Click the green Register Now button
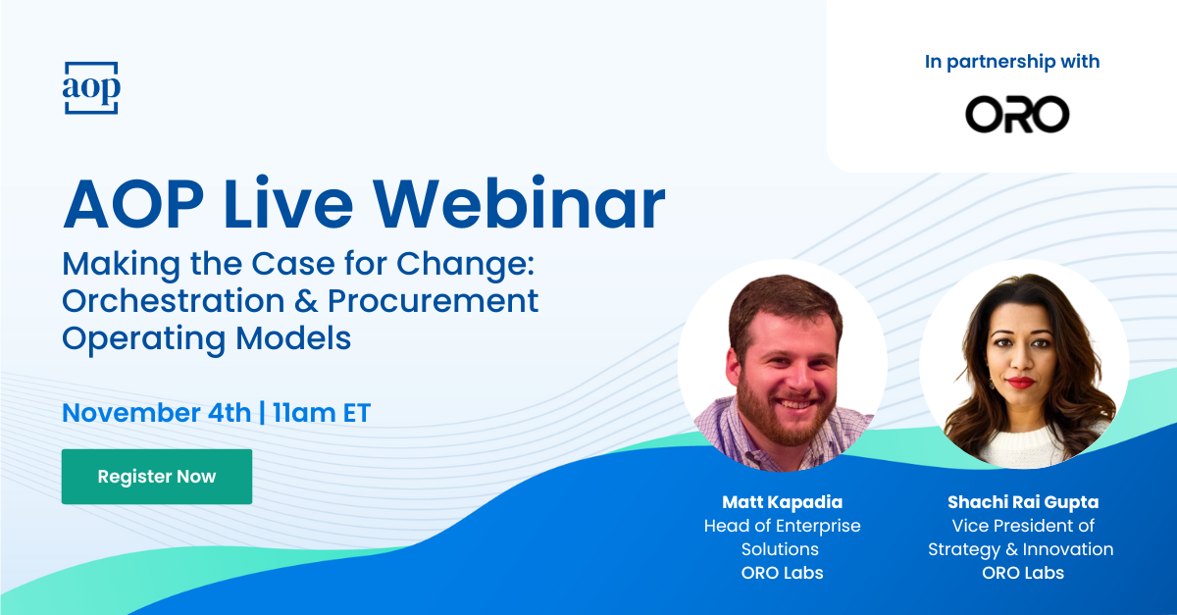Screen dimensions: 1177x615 [x=157, y=477]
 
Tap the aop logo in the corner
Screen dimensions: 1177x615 [x=91, y=87]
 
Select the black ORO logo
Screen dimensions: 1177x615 [x=1017, y=114]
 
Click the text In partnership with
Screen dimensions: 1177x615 [x=1012, y=62]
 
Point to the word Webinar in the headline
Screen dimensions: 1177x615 [x=519, y=204]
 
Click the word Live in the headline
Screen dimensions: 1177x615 [x=288, y=204]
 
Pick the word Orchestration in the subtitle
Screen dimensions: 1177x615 [x=174, y=301]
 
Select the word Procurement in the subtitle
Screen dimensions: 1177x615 [x=433, y=301]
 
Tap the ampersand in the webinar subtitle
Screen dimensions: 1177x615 [x=306, y=301]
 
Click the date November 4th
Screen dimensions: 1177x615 [x=157, y=413]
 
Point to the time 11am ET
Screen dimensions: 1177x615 [x=322, y=413]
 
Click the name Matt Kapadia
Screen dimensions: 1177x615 [x=782, y=502]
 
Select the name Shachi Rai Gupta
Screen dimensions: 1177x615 [x=1023, y=502]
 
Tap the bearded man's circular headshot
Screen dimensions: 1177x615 [x=783, y=365]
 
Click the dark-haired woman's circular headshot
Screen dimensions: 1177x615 [x=1024, y=364]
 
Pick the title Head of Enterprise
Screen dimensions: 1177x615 [x=782, y=526]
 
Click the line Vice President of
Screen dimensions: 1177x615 [x=1023, y=526]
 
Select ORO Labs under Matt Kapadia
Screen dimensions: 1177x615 [x=782, y=573]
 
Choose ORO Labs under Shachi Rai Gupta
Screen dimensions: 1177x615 [x=1023, y=573]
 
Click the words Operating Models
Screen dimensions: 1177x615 [x=207, y=339]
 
